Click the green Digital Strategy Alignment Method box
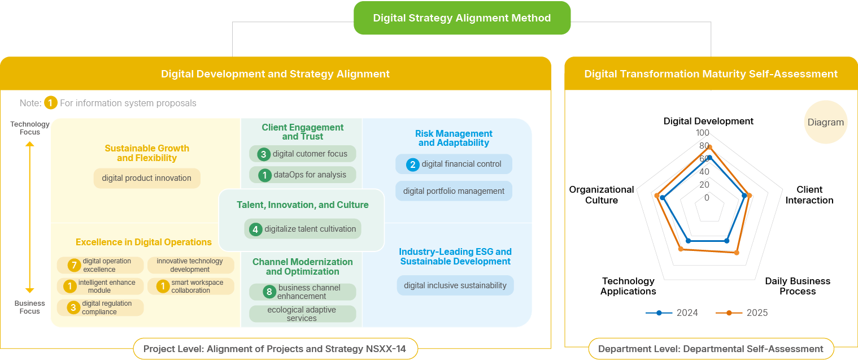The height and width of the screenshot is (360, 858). (x=461, y=18)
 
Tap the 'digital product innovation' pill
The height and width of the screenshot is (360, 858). (x=147, y=178)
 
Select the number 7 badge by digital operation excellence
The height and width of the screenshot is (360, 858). (x=74, y=265)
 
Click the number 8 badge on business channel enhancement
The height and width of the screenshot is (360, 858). (x=270, y=292)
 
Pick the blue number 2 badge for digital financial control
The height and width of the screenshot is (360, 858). (x=413, y=164)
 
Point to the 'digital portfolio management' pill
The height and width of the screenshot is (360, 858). (x=454, y=191)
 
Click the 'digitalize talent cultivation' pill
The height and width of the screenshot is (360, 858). (x=303, y=229)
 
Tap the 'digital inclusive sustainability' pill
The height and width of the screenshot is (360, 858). (x=455, y=285)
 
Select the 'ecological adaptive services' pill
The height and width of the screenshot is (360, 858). (x=302, y=314)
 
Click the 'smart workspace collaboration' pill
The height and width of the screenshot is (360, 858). (x=191, y=287)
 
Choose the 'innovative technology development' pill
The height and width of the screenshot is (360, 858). (x=190, y=265)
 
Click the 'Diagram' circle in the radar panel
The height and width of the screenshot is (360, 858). (x=825, y=122)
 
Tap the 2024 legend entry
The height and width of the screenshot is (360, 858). (x=672, y=313)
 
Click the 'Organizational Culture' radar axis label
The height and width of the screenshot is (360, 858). (x=602, y=194)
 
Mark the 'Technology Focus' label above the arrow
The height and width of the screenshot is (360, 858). (x=30, y=128)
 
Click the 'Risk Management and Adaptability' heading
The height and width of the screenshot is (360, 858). (x=454, y=138)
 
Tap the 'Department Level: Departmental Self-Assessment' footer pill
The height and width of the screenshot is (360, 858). (x=711, y=349)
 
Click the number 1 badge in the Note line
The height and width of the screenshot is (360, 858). (x=51, y=103)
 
